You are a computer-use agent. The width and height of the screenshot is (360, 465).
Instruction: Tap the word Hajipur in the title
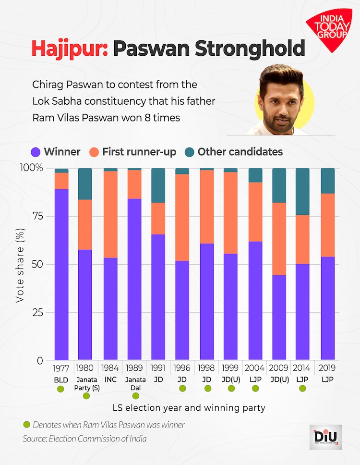pos(69,49)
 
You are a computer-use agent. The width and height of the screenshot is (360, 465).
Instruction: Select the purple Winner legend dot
pos(36,152)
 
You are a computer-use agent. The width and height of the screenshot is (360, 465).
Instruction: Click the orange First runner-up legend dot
pos(94,152)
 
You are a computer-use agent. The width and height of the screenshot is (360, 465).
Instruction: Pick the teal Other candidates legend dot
pos(189,152)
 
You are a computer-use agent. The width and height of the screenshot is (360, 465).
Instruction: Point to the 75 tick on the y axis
pos(37,216)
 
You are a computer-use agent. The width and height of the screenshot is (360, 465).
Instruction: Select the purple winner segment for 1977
pos(61,274)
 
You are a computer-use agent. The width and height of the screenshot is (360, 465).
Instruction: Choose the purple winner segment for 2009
pos(278,317)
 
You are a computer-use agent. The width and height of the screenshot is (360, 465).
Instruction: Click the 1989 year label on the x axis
pos(135,369)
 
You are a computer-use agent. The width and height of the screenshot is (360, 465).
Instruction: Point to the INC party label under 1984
pos(110,379)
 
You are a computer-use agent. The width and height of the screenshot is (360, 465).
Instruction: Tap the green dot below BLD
pos(60,389)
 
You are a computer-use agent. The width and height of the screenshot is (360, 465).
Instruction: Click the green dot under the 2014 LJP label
pos(303,389)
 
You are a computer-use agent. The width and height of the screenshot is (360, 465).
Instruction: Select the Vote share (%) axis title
pos(20,264)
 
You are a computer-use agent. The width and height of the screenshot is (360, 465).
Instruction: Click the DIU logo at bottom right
pos(325,438)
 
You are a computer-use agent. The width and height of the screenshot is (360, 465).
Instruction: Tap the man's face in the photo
pos(283,98)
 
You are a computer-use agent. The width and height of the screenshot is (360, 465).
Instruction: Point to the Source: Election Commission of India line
pos(85,439)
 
